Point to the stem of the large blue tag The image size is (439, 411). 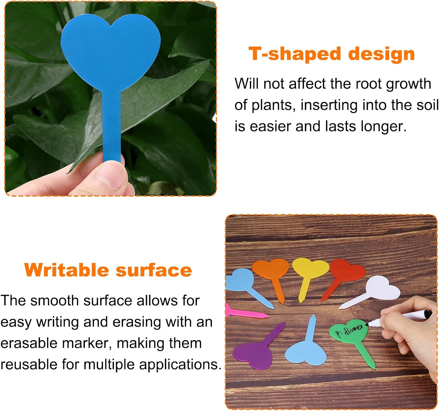coord(112,126)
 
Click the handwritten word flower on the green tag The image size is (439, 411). coord(354,329)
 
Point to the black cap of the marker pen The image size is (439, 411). coord(428,313)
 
